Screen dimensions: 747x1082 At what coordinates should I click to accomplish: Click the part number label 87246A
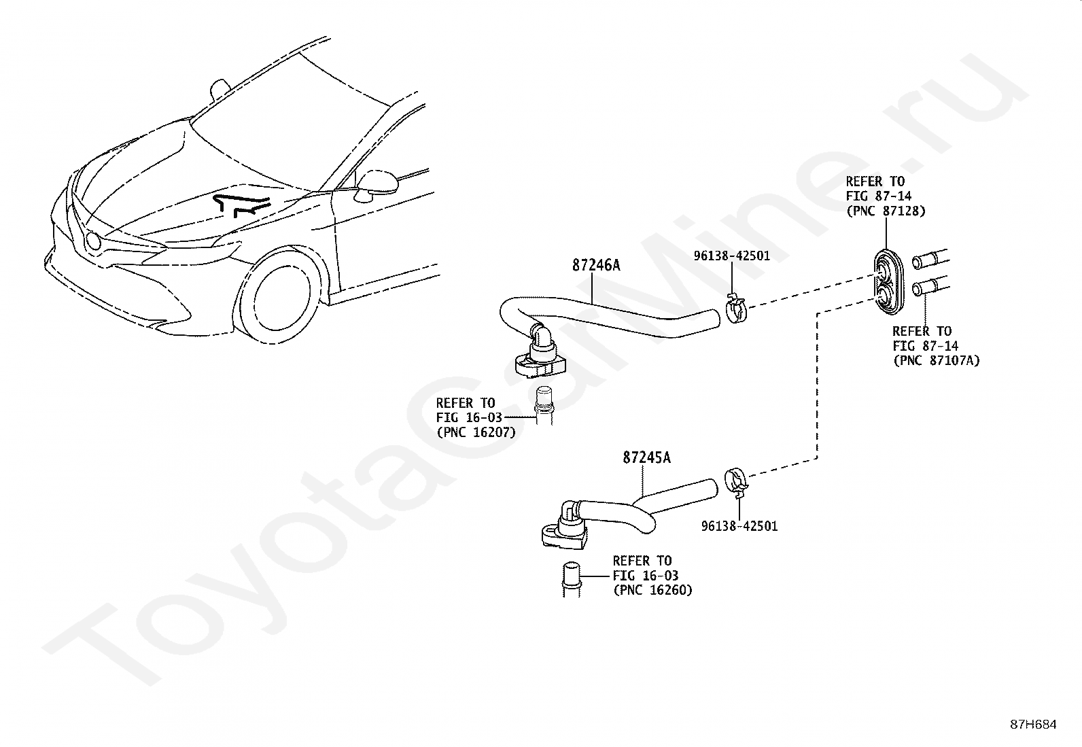595,265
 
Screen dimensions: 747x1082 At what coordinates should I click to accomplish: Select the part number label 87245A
646,457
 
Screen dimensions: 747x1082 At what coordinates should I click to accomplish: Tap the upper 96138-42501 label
731,256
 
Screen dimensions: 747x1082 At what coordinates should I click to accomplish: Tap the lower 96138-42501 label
739,526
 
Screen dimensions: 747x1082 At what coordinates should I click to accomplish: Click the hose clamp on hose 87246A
735,311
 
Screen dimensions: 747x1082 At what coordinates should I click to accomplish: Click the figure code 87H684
1032,725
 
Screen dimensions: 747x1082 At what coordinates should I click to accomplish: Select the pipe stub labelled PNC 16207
546,405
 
